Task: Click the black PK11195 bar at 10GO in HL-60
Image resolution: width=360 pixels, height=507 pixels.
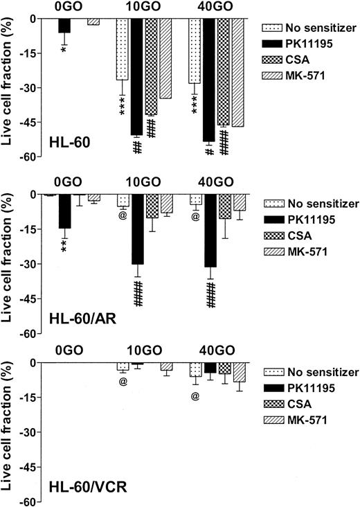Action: (137, 76)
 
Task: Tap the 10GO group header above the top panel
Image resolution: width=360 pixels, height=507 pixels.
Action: (145, 7)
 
